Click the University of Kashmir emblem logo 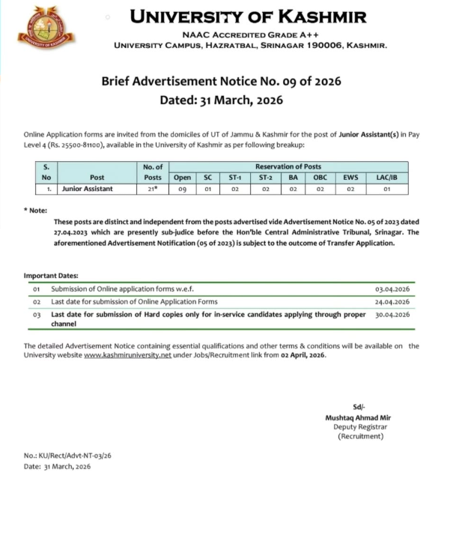click(x=46, y=29)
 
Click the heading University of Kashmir click(x=248, y=16)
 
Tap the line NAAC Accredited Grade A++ click(x=248, y=34)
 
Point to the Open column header click(x=182, y=178)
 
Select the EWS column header click(x=350, y=178)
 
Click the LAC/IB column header click(x=386, y=178)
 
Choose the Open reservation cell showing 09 click(x=182, y=189)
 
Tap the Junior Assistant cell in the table click(x=88, y=189)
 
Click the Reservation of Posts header click(x=288, y=166)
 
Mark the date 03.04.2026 click(x=392, y=288)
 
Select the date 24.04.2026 click(x=392, y=301)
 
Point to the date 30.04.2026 click(x=392, y=315)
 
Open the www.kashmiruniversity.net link click(x=127, y=354)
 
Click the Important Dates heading click(x=51, y=276)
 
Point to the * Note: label click(x=35, y=211)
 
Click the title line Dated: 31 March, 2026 click(x=221, y=100)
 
